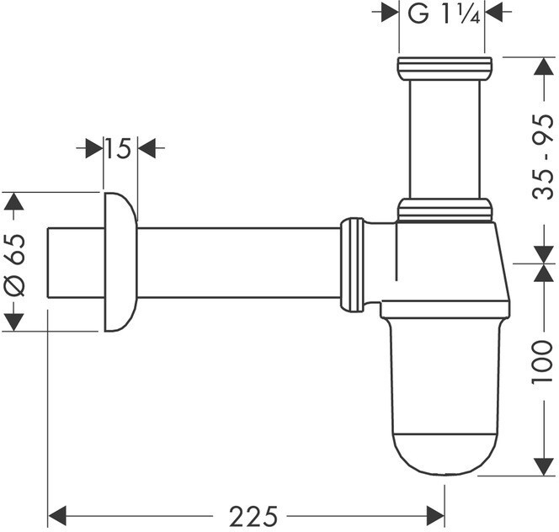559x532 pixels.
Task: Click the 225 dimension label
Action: [x=253, y=516]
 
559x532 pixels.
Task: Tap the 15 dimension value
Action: [x=119, y=148]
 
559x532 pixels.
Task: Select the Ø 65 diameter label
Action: [x=15, y=265]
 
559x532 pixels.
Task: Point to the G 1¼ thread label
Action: [x=444, y=14]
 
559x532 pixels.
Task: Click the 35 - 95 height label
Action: [x=543, y=157]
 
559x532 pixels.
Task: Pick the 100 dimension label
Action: [x=542, y=362]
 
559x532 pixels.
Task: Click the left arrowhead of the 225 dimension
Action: [x=57, y=516]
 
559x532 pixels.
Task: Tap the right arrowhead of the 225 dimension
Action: [x=435, y=516]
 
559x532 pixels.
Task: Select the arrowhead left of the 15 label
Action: [x=94, y=148]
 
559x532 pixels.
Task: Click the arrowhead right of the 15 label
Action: [x=146, y=148]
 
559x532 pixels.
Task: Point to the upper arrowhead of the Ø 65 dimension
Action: [x=14, y=201]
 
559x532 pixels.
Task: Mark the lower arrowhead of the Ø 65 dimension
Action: [x=14, y=322]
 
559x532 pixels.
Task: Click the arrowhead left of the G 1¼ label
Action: [x=390, y=13]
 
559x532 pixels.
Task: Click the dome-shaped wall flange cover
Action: [x=120, y=262]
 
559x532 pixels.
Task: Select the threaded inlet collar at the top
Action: [x=445, y=68]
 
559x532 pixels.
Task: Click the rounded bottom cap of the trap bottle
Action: [x=445, y=455]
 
